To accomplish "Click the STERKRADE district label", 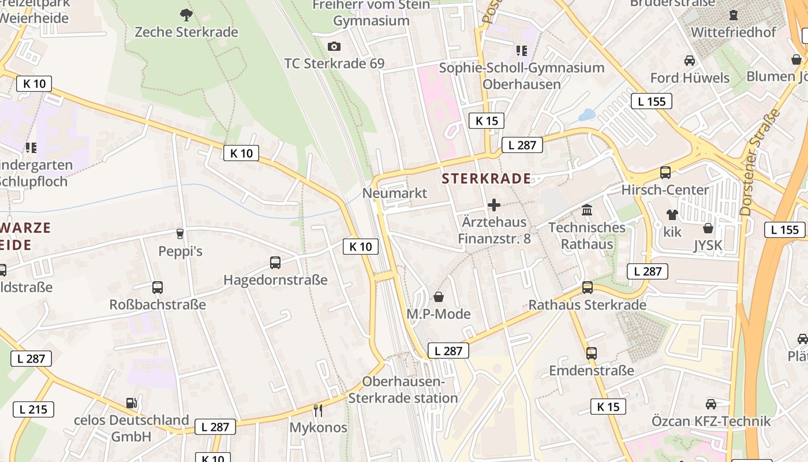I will pyautogui.click(x=486, y=178).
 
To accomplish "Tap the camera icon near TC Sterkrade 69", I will pyautogui.click(x=334, y=46).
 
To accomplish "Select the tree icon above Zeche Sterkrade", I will pyautogui.click(x=186, y=14).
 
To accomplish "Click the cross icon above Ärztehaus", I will pyautogui.click(x=494, y=204).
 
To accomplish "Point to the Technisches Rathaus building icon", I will pyautogui.click(x=587, y=210).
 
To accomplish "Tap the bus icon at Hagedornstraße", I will pyautogui.click(x=275, y=263).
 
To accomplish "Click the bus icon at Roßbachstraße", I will pyautogui.click(x=157, y=287).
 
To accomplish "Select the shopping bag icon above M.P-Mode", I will pyautogui.click(x=439, y=297).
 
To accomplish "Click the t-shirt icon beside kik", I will pyautogui.click(x=672, y=215).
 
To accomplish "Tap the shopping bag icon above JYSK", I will pyautogui.click(x=708, y=228).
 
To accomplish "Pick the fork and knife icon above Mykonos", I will pyautogui.click(x=318, y=410).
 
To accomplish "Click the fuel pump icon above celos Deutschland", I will pyautogui.click(x=132, y=403).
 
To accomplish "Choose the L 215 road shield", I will pyautogui.click(x=33, y=409).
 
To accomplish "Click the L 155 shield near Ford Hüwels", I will pyautogui.click(x=652, y=102).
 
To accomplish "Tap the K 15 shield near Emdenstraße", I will pyautogui.click(x=608, y=407).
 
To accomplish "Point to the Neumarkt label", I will pyautogui.click(x=395, y=193).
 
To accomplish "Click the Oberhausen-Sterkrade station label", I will pyautogui.click(x=403, y=390).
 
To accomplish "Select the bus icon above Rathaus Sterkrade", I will pyautogui.click(x=587, y=287).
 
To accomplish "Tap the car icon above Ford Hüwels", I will pyautogui.click(x=689, y=60).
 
